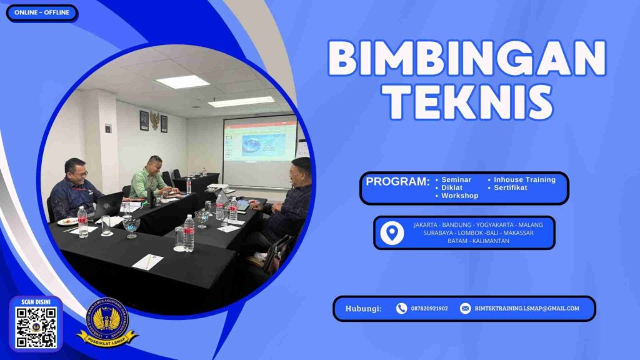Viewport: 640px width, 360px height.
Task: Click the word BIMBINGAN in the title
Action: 467,59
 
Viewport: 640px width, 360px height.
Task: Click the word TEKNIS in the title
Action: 467,102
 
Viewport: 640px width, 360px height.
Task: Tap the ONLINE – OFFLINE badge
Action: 41,13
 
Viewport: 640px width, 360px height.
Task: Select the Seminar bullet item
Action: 456,180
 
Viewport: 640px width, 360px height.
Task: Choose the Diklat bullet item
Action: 452,187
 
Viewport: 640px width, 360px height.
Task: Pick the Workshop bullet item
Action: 459,196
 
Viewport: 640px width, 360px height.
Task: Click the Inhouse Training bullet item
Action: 524,180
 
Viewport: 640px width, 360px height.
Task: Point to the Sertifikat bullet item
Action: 511,187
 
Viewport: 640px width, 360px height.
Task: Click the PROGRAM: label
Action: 397,182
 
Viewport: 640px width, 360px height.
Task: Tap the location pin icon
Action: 392,232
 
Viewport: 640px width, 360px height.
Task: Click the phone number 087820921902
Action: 429,308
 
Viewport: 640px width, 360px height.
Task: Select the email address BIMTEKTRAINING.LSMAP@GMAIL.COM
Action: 527,308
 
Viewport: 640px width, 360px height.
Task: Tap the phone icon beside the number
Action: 401,308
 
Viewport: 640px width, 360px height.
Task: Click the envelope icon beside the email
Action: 465,308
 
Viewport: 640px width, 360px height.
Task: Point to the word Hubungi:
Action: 363,308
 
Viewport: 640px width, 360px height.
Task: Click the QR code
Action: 36,327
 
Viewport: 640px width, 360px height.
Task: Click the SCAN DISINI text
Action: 36,302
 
